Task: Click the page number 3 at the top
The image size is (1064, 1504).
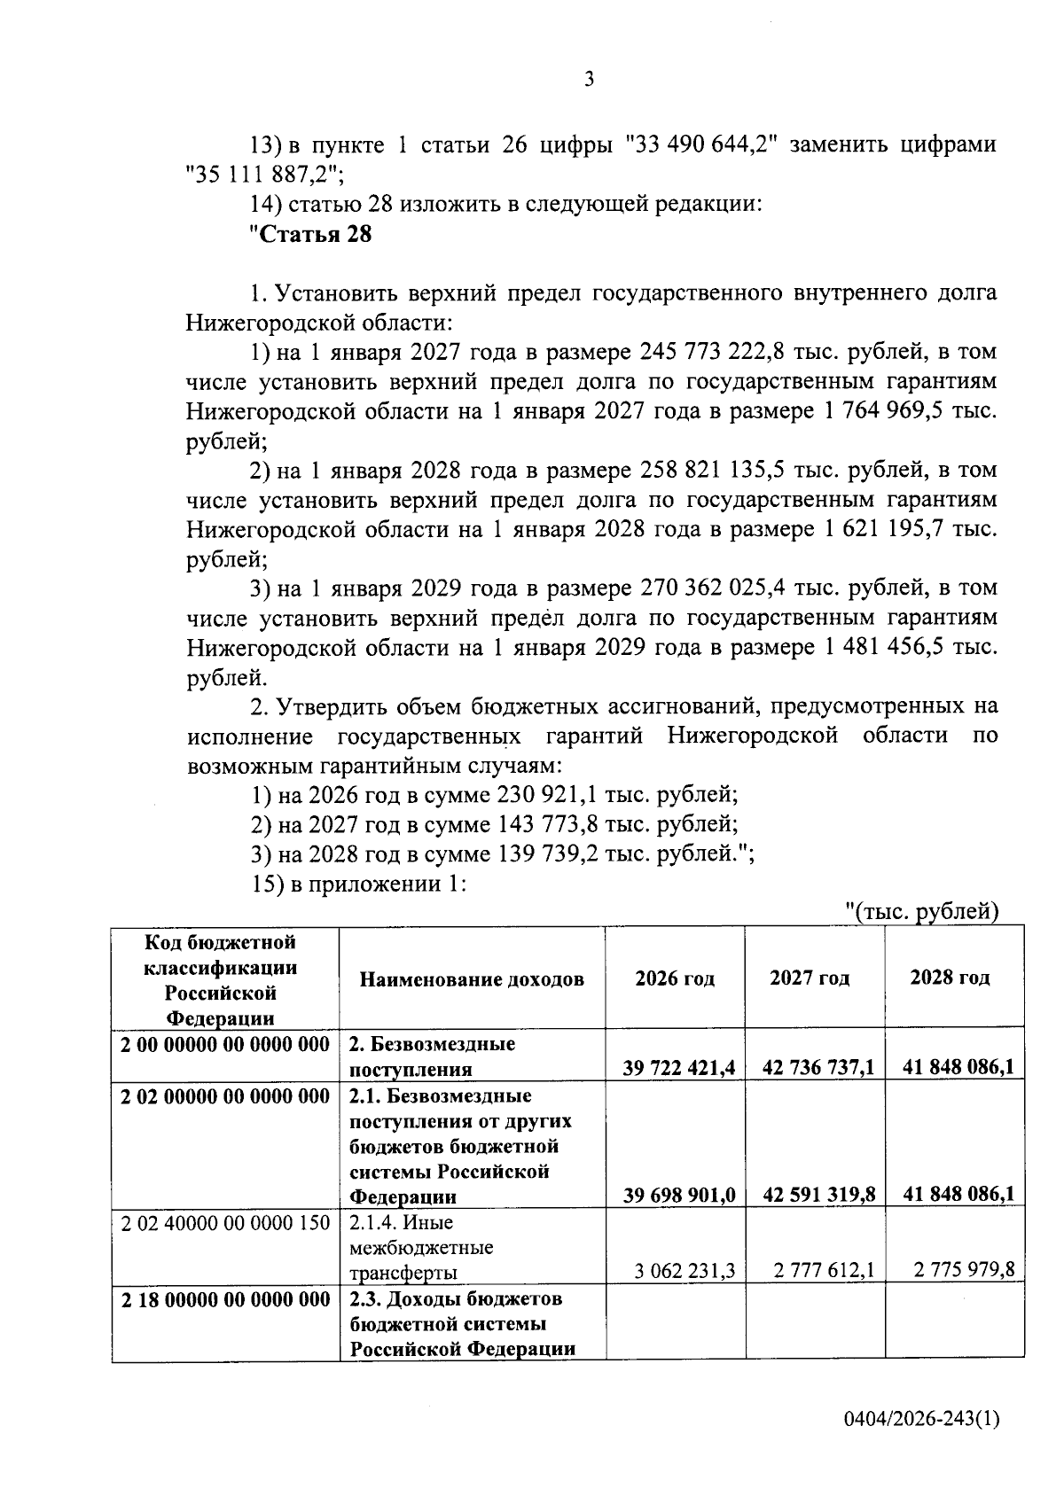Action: (589, 80)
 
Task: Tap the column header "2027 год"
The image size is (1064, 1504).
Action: (809, 978)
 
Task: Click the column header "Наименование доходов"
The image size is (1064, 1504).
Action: (472, 979)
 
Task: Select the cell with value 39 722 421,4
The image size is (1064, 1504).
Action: (678, 1068)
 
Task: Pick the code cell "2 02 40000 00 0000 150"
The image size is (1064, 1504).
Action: (225, 1223)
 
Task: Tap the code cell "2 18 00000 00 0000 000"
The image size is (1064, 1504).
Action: (225, 1299)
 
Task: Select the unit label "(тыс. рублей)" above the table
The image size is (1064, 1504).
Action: (921, 912)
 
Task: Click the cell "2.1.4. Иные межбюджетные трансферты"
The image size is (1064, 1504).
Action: (421, 1248)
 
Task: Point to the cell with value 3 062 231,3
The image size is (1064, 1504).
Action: (685, 1271)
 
